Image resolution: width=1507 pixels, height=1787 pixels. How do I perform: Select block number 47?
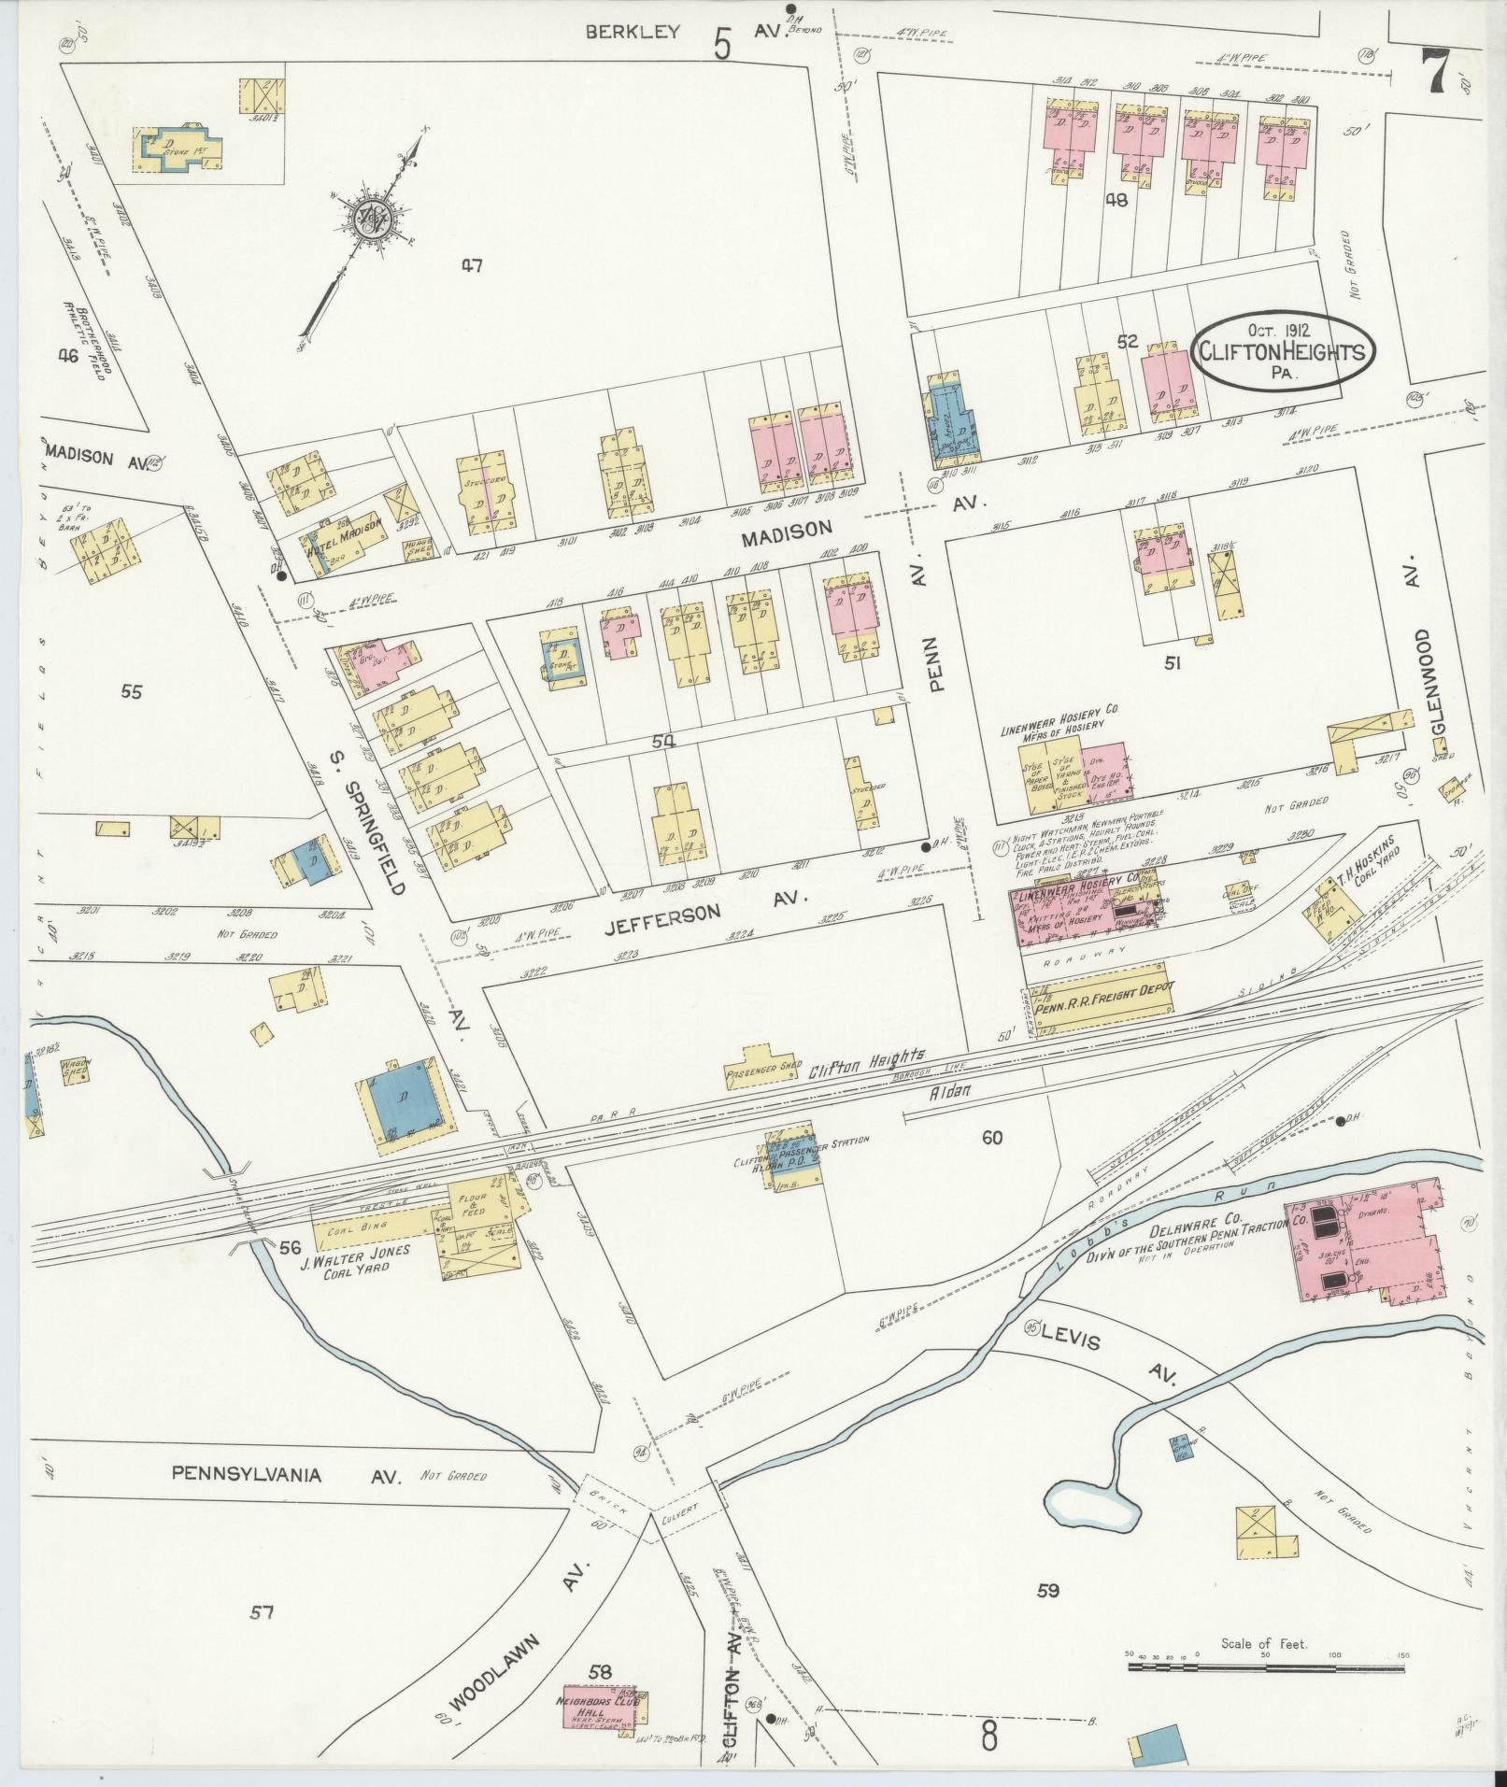click(471, 266)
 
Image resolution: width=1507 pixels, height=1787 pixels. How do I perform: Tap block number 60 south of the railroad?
click(991, 1137)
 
